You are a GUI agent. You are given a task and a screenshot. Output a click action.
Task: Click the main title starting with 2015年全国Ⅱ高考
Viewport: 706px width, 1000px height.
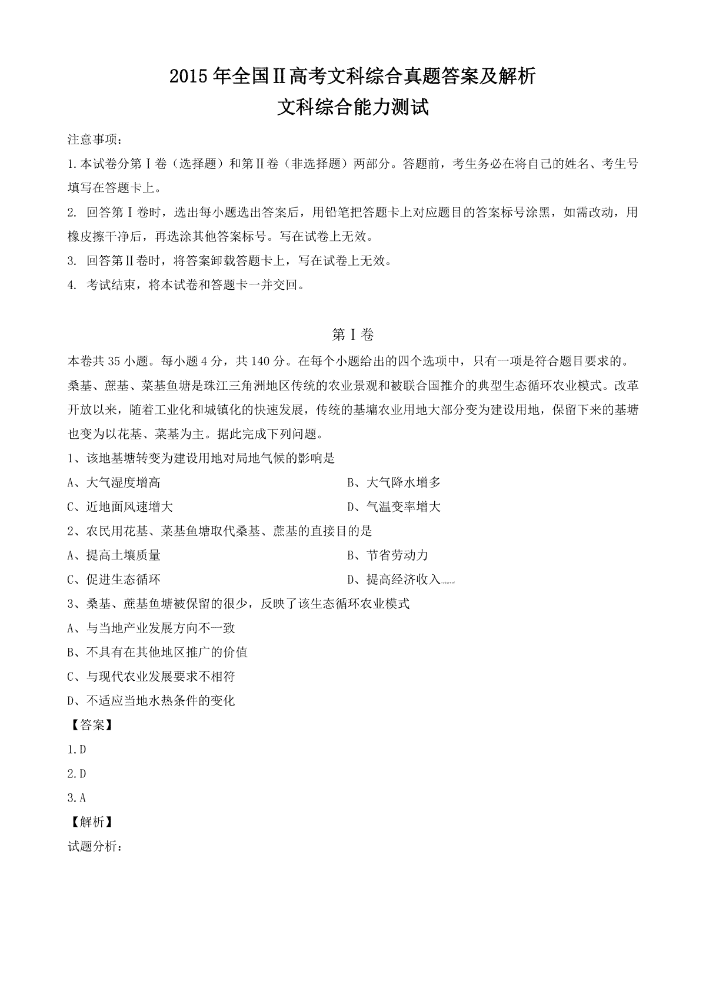click(x=352, y=76)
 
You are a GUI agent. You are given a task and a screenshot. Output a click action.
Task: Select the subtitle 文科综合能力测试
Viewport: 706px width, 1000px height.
click(x=352, y=108)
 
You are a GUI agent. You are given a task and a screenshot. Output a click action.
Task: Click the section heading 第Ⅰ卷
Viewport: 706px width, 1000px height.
click(x=353, y=335)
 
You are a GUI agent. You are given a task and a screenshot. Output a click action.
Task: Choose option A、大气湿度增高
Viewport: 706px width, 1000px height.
click(x=114, y=483)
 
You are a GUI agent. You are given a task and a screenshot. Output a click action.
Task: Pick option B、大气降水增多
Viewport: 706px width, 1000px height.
click(x=394, y=483)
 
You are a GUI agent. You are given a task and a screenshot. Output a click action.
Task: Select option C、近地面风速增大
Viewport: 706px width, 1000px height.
click(x=120, y=507)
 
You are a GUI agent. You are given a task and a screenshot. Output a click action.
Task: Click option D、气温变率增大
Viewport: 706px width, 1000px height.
click(x=394, y=507)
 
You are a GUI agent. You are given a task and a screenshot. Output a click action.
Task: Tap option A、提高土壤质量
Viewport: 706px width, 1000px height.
click(x=114, y=555)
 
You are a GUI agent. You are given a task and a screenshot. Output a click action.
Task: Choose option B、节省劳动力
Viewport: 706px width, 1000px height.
click(x=388, y=555)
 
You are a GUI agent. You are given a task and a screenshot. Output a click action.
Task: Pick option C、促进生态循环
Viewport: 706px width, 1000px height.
click(x=114, y=580)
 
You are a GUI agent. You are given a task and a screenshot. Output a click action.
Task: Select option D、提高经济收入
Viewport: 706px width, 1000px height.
click(x=394, y=580)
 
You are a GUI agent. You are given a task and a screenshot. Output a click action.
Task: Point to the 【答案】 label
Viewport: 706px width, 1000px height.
click(x=91, y=725)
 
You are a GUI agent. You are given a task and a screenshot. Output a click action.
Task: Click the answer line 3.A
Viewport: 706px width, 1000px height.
click(x=77, y=798)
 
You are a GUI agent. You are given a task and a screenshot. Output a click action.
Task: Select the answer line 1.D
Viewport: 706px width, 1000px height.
click(x=77, y=750)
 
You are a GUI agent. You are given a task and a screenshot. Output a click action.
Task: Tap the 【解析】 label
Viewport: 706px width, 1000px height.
click(x=91, y=822)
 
